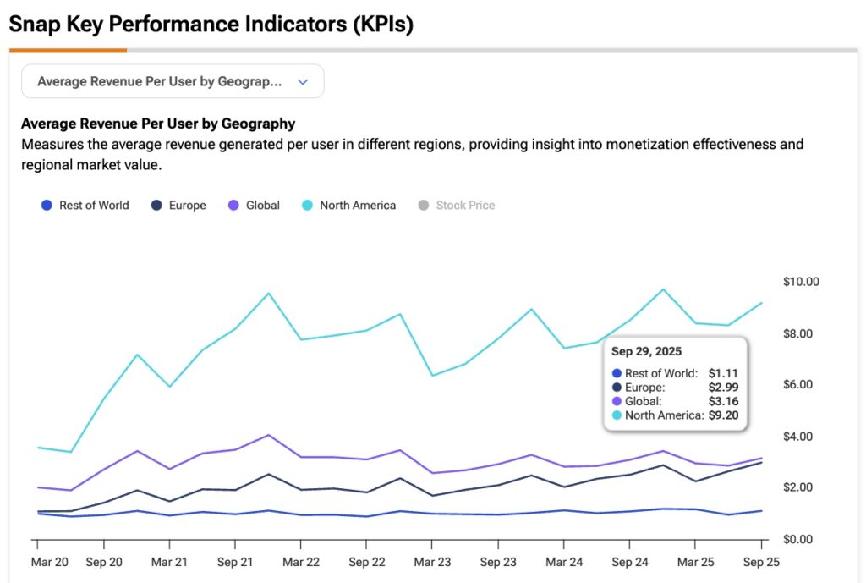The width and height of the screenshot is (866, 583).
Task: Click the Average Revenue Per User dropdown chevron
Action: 304,82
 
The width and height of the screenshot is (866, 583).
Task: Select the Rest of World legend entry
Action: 85,205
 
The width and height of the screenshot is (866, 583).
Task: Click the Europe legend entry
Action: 178,205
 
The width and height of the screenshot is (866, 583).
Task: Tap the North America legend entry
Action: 348,205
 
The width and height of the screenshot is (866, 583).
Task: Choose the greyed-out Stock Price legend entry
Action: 457,205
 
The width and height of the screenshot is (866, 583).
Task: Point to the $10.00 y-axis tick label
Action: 801,282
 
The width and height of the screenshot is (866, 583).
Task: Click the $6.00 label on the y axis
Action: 801,385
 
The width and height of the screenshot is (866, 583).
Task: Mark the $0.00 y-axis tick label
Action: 801,539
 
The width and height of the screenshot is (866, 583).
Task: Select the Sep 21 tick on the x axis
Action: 235,562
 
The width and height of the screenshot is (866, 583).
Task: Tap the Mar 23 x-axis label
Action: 432,562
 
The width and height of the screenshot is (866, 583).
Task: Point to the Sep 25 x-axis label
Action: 761,562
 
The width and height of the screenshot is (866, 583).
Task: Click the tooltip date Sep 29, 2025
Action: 647,351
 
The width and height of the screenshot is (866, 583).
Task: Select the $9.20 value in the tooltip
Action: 723,415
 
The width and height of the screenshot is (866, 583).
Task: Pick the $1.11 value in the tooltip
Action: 723,373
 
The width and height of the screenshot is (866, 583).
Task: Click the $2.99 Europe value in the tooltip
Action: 723,388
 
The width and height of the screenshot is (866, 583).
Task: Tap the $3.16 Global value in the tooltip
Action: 723,401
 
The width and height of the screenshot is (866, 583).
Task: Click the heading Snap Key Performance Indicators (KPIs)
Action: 211,25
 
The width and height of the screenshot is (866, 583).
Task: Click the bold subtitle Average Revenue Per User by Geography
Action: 158,124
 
